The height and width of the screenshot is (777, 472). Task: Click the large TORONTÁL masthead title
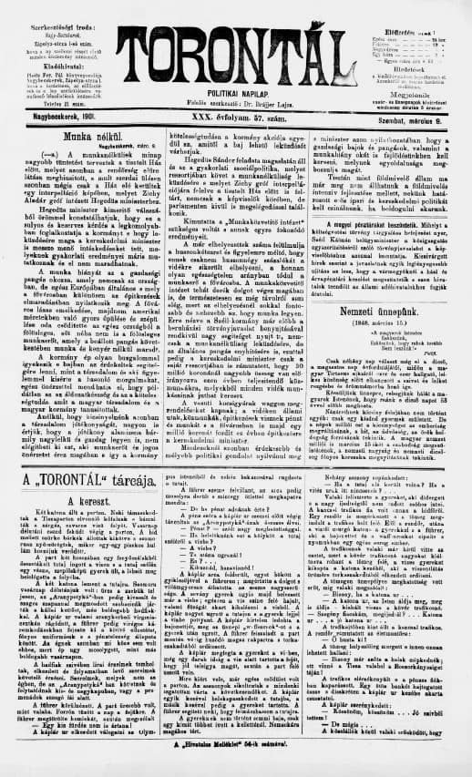238,40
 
